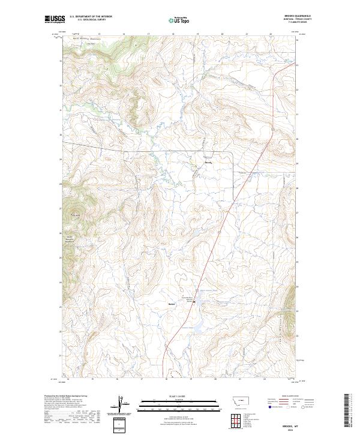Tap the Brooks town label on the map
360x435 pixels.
coord(208,163)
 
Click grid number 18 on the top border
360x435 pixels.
coord(173,34)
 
